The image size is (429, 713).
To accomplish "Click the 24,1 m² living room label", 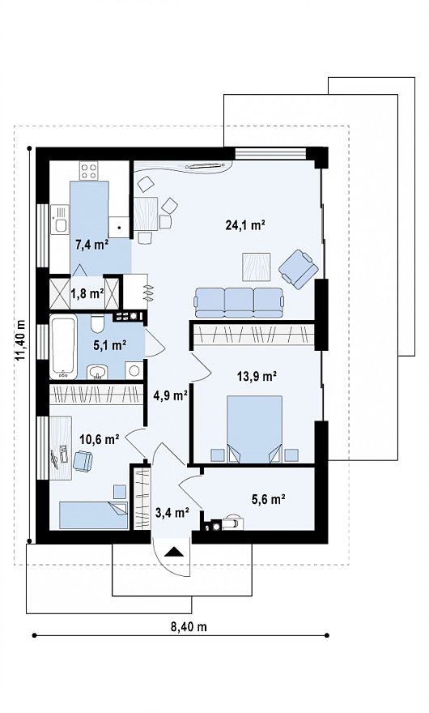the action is (245, 225).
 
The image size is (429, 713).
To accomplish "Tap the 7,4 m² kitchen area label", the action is (91, 245).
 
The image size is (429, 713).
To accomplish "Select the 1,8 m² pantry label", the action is (87, 293).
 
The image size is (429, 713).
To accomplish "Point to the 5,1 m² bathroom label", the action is (109, 346).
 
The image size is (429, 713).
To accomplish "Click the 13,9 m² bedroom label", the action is (257, 376).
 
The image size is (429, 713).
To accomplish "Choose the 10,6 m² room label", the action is (100, 439).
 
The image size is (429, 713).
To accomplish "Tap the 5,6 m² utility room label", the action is (268, 499).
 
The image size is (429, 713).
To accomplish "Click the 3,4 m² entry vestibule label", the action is (172, 514).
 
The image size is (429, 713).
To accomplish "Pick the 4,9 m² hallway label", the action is (171, 395).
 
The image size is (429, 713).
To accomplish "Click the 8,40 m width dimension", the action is (189, 626).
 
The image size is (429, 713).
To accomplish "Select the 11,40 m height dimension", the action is (21, 341).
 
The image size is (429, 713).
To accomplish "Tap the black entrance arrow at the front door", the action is (173, 552).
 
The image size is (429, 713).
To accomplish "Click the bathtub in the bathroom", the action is (62, 348).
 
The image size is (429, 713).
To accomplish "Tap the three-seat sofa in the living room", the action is (240, 302).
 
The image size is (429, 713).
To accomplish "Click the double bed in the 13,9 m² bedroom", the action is (254, 429).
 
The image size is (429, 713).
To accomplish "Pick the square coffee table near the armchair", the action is (257, 267).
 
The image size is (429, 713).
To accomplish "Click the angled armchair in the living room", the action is (299, 269).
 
